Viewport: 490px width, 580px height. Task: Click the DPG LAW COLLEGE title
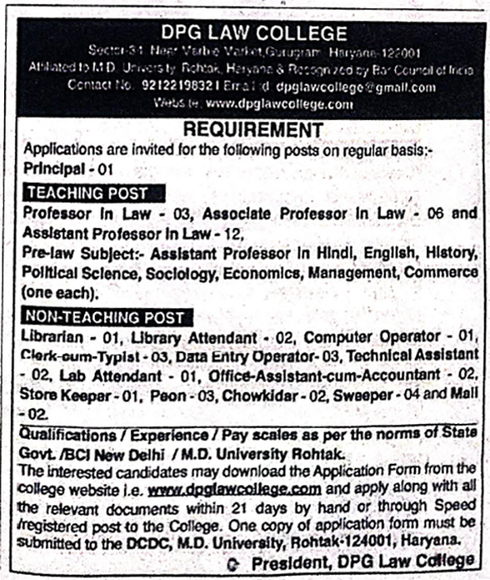(254, 33)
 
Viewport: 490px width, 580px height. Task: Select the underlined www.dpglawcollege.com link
(234, 489)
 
